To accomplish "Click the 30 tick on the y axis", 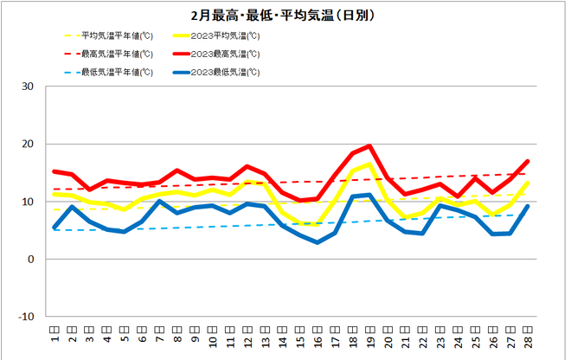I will click(29, 87).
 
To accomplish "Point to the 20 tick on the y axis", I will click(29, 144).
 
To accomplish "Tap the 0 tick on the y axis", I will click(31, 259).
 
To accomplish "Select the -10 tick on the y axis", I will click(27, 317).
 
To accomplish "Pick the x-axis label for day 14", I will click(282, 332).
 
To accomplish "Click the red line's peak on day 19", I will click(369, 146).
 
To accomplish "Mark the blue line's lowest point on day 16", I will click(318, 242).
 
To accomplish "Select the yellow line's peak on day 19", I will click(369, 164).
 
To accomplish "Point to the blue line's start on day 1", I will click(55, 228).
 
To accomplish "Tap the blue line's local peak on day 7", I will click(159, 202).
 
